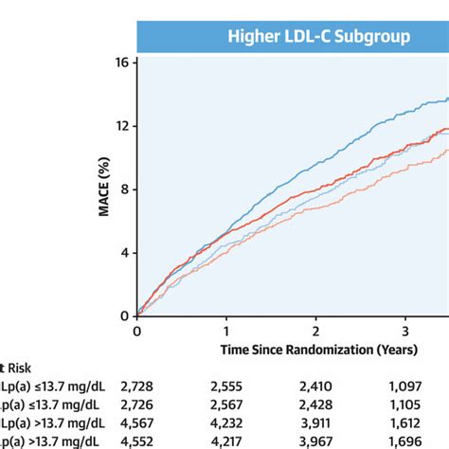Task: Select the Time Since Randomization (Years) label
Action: (307, 350)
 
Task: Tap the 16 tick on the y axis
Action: (121, 63)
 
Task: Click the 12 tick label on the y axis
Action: (121, 126)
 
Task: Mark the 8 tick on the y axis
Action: (124, 189)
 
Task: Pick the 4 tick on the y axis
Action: (124, 253)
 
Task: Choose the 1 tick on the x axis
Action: (226, 332)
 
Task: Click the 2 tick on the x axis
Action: (315, 332)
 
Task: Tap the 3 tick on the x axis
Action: (404, 332)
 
